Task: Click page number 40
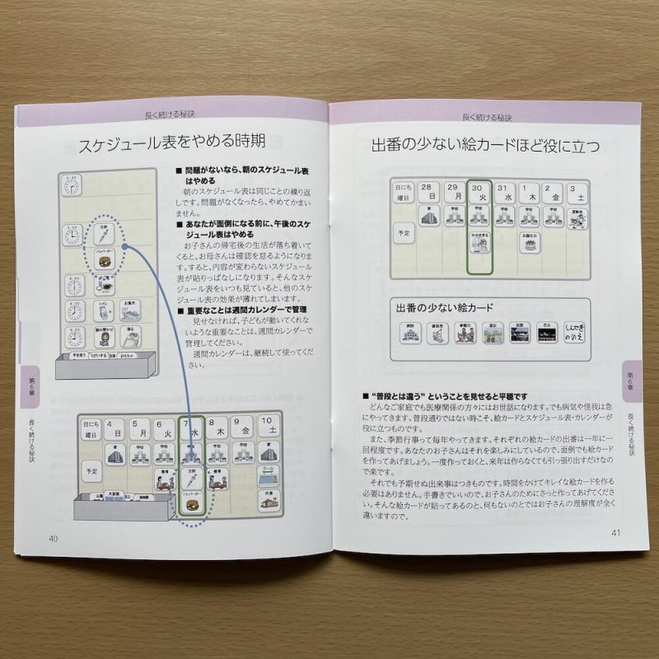tap(53, 539)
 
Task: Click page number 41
tap(615, 532)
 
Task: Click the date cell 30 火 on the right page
tap(479, 194)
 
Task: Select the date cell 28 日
tap(428, 194)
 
